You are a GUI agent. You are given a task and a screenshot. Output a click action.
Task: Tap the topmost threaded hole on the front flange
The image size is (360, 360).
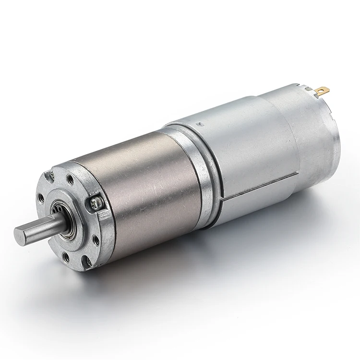click(x=71, y=180)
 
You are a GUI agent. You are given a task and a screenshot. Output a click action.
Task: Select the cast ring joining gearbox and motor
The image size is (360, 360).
click(x=194, y=173)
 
